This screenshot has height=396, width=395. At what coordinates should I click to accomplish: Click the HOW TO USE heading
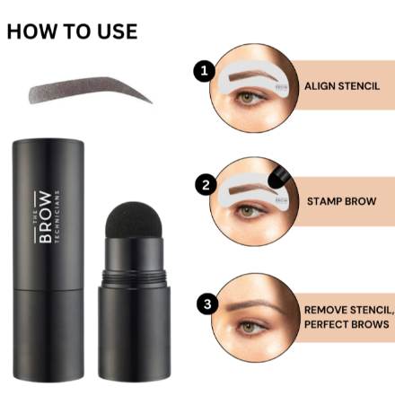click(72, 31)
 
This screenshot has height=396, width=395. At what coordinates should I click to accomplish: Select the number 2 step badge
click(206, 186)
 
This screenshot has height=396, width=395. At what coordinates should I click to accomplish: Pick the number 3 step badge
click(207, 304)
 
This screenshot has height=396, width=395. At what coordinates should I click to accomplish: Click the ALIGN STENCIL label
click(342, 86)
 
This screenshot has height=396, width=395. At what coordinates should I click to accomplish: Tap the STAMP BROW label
click(341, 201)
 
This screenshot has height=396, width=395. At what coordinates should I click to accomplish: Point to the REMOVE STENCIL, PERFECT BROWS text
click(347, 317)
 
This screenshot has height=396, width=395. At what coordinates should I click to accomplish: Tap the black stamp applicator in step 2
click(276, 168)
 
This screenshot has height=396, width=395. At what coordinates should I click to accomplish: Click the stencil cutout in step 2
click(251, 186)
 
